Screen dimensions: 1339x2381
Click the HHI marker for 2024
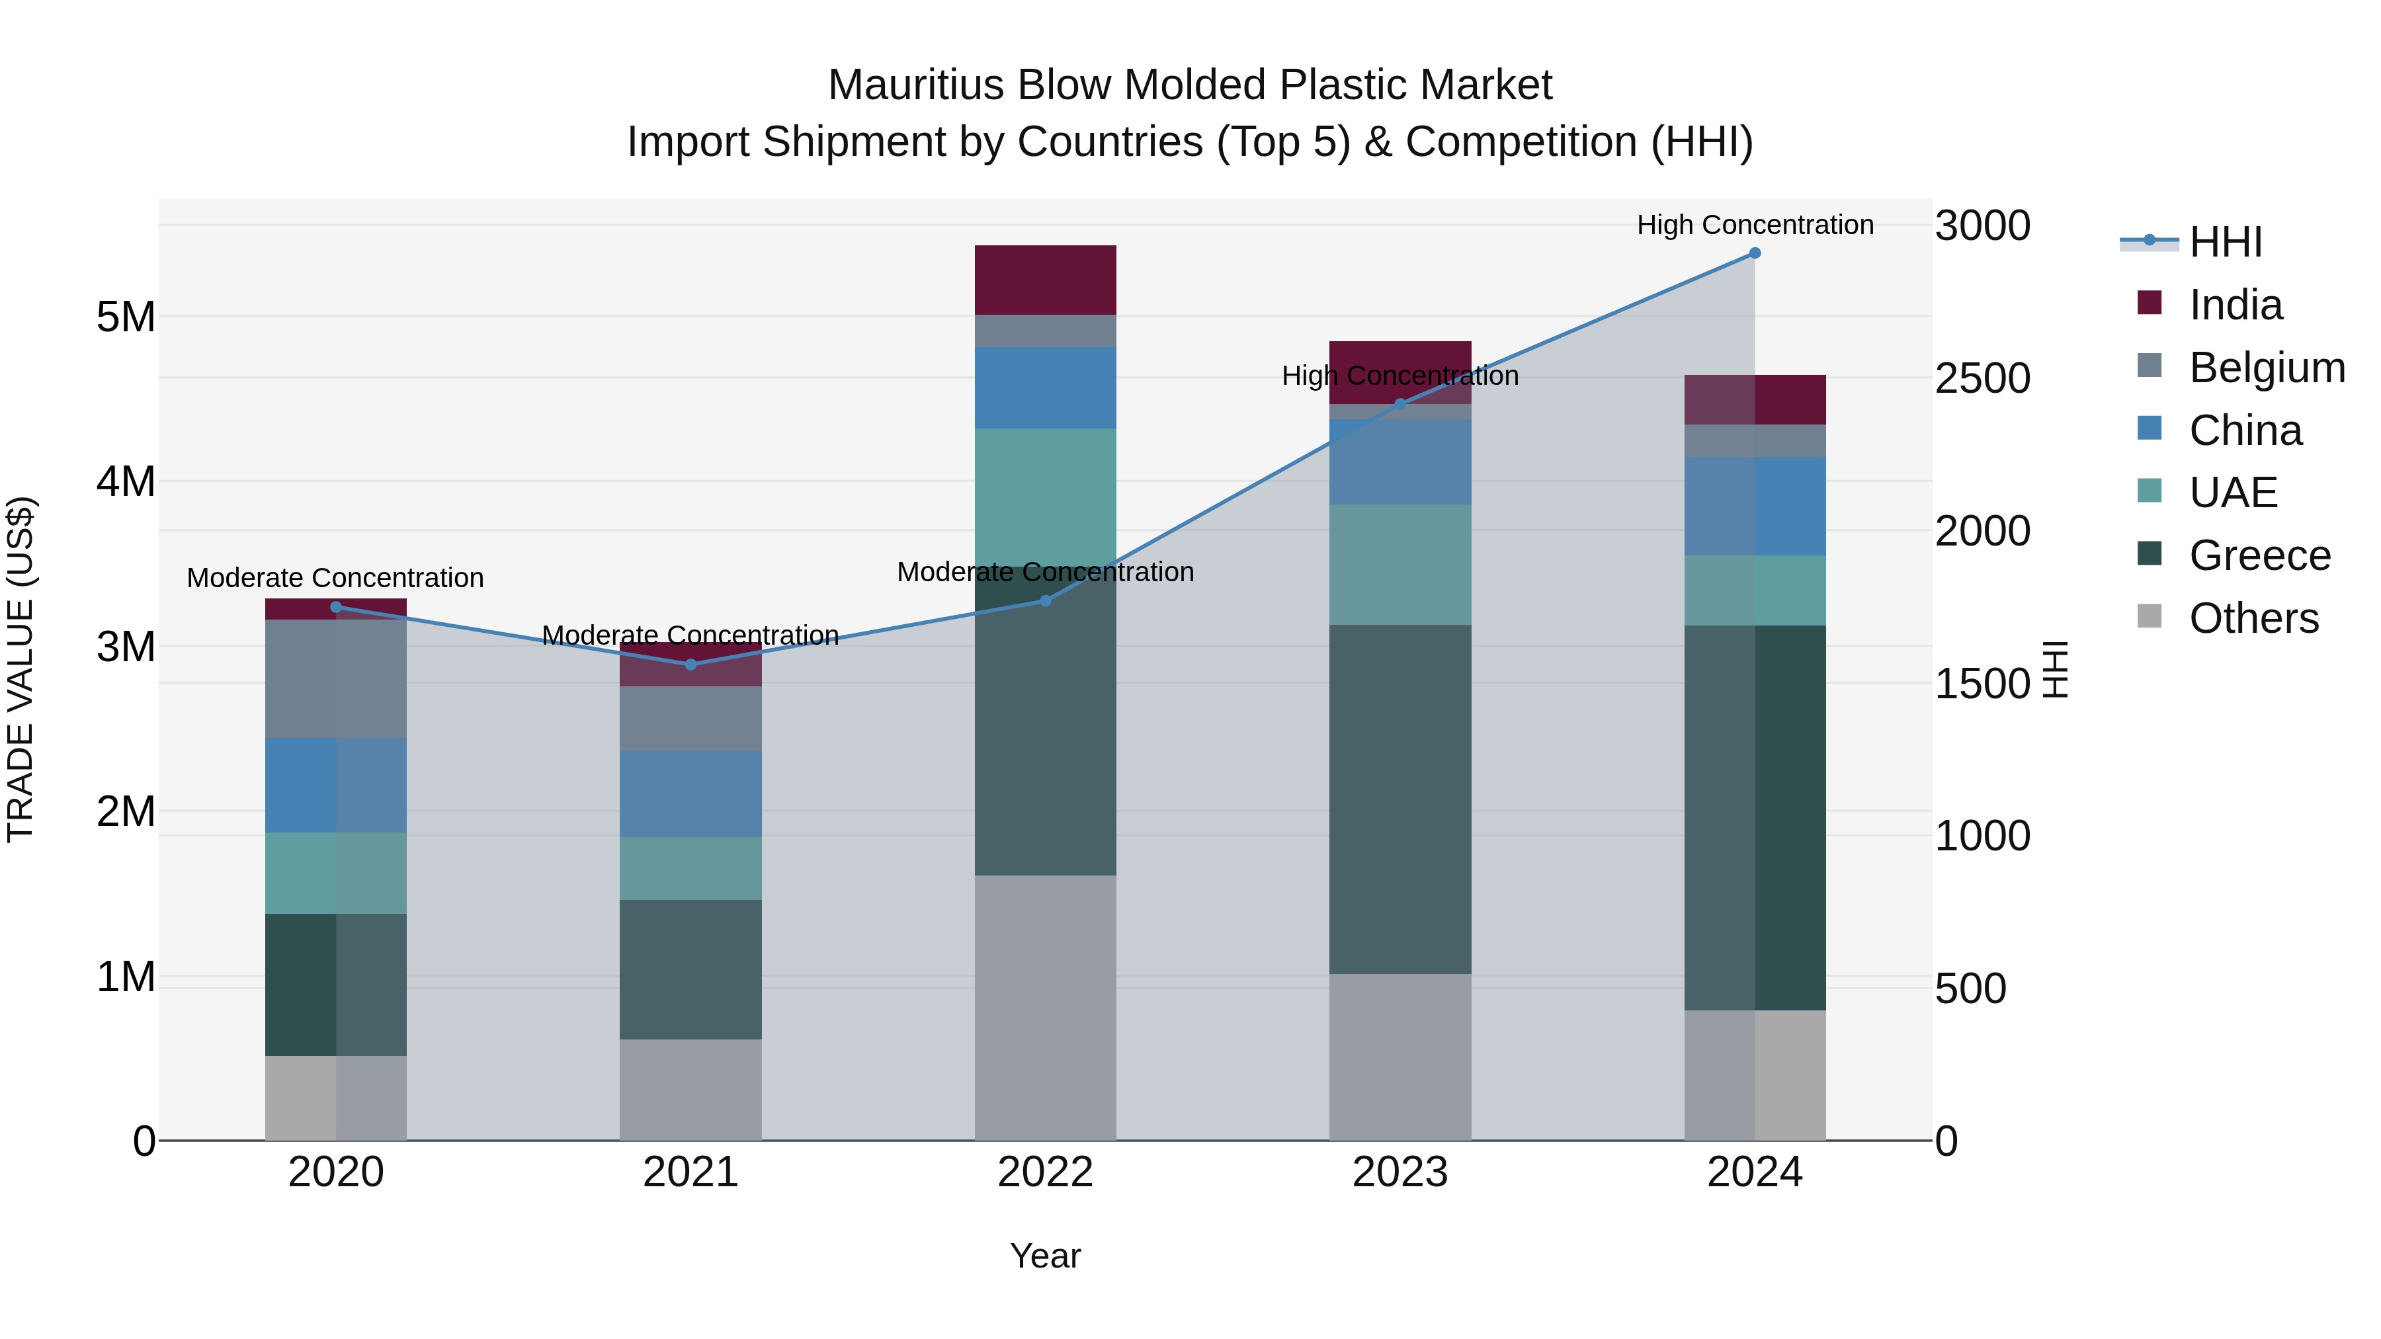(1754, 253)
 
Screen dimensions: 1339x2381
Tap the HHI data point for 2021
(690, 665)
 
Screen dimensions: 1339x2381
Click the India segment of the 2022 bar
(1046, 280)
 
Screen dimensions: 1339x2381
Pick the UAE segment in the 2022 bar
(1046, 497)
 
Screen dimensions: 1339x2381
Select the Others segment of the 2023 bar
(1399, 1056)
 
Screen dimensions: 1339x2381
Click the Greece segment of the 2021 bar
(690, 969)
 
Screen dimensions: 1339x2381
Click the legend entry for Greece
(2259, 555)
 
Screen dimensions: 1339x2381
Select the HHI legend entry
(2225, 242)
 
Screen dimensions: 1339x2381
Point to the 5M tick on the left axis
(126, 317)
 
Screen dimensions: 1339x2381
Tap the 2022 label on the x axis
(1046, 1172)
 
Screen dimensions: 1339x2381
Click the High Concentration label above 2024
(1754, 225)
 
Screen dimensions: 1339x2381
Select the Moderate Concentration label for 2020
(335, 577)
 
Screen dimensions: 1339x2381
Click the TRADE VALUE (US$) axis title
(21, 669)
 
